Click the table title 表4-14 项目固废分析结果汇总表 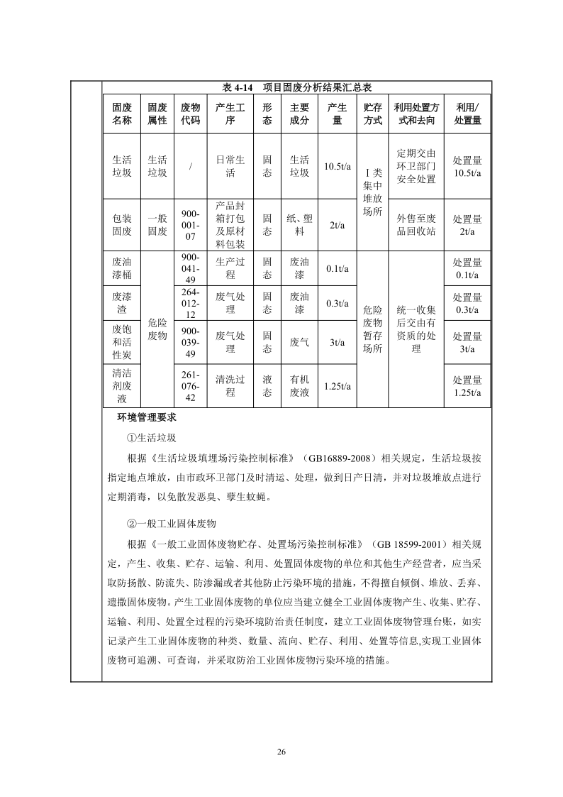297,87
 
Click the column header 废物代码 190,114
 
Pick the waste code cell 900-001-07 190,226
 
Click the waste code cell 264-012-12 190,303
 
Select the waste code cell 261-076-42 190,386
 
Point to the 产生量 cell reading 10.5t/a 337,167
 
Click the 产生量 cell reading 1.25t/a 337,386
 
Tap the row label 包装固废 122,226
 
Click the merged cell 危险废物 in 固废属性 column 157,329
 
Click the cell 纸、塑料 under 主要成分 299,226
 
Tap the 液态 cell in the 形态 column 267,386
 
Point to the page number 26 281,752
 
